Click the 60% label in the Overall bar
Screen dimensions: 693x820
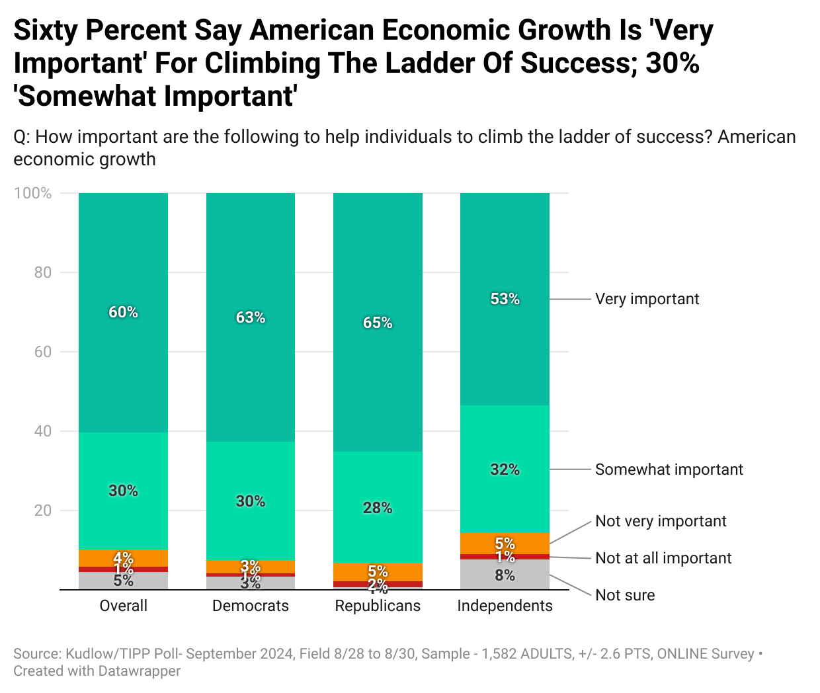pos(124,312)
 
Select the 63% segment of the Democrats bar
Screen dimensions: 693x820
pos(251,317)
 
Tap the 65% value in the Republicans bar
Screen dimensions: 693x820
pos(378,323)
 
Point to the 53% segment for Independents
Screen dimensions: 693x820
pos(505,299)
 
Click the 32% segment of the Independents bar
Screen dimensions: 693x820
pos(505,469)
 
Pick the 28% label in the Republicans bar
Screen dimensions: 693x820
pos(378,508)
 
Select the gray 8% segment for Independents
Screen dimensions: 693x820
pos(505,575)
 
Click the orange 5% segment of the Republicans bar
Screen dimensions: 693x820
pos(378,571)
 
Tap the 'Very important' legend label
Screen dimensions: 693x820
pos(647,299)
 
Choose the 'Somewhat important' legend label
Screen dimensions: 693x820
pos(669,469)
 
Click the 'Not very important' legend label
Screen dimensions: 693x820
pos(661,521)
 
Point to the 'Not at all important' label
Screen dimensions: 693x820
pos(663,558)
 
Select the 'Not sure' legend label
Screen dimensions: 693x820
pos(625,595)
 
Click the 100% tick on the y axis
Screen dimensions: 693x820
pos(32,193)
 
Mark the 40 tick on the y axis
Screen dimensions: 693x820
pos(43,431)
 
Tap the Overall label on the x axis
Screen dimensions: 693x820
pos(124,606)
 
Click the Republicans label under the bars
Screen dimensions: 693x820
pos(378,606)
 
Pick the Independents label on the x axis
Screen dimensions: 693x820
pos(505,606)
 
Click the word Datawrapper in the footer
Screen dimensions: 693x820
pos(140,671)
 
